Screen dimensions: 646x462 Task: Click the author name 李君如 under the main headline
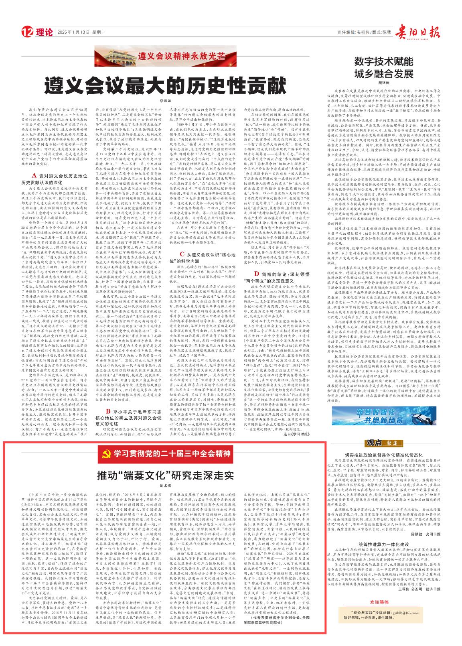click(166, 101)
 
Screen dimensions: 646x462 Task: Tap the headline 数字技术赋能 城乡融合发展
click(383, 67)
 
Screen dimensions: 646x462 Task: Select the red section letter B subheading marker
click(108, 411)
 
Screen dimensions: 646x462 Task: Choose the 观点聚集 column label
click(383, 443)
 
